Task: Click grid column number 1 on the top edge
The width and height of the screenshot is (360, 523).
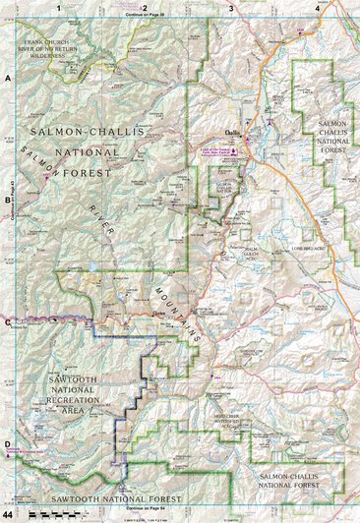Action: point(59,7)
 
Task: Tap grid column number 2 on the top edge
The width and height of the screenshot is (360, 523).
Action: point(145,7)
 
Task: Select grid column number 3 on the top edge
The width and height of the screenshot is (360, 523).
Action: point(230,7)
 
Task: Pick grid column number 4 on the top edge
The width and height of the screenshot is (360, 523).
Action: point(316,7)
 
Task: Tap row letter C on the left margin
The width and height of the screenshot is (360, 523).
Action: point(7,321)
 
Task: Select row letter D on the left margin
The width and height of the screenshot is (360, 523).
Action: point(7,443)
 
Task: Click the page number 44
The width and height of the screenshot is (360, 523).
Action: point(8,515)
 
